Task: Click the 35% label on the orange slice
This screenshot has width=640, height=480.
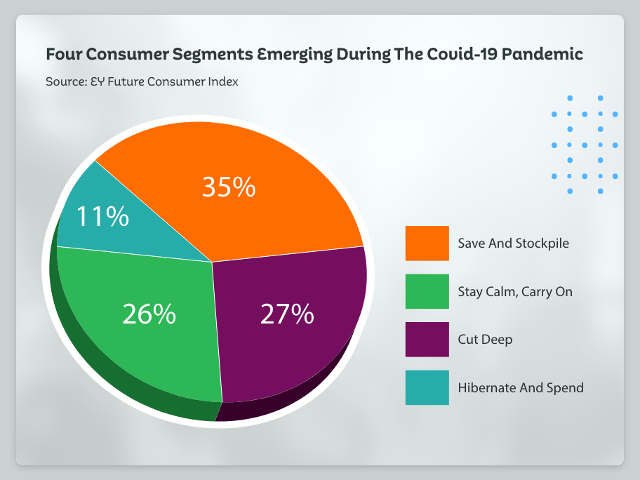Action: click(x=229, y=187)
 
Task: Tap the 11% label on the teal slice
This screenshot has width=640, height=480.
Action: click(x=102, y=217)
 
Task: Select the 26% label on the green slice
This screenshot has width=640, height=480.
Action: click(x=149, y=314)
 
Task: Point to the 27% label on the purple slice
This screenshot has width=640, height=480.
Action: click(x=286, y=314)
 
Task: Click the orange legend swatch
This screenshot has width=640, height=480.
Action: click(x=427, y=243)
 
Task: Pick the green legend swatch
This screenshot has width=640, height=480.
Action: click(x=427, y=291)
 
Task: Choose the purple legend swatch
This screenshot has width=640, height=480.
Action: click(x=427, y=339)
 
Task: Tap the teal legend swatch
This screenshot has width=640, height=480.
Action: click(x=427, y=387)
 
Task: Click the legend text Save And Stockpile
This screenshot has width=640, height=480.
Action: click(x=513, y=244)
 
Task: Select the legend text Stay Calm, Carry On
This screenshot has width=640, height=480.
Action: click(x=515, y=291)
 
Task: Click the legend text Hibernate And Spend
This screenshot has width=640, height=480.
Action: click(x=520, y=387)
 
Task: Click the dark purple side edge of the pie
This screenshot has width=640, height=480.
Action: click(x=281, y=400)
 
